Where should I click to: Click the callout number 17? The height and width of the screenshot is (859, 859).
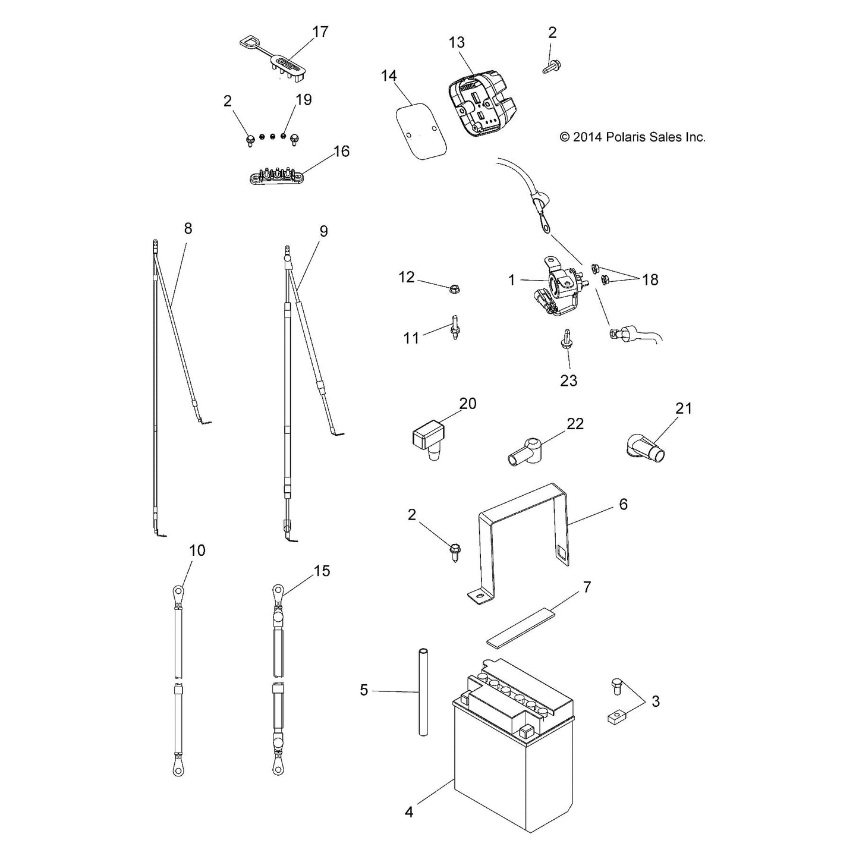tap(320, 32)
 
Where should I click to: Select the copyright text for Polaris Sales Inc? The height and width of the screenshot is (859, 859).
tap(633, 137)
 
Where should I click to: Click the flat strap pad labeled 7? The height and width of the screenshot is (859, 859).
tap(521, 628)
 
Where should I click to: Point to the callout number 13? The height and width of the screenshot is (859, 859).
tap(457, 42)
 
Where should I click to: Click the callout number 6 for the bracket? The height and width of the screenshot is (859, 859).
tap(623, 504)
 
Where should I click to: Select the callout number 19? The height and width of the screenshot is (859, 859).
tap(304, 99)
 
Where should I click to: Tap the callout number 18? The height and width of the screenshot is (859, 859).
tap(650, 280)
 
